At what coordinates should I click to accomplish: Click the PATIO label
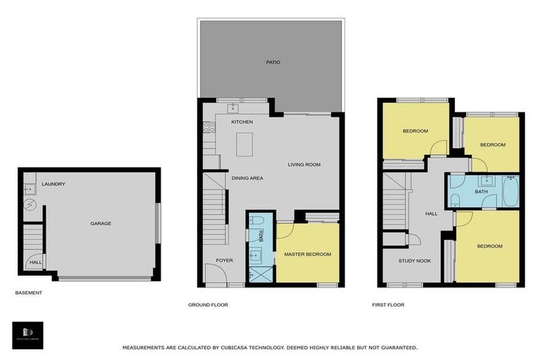point(273,63)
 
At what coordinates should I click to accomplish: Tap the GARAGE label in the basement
point(101,224)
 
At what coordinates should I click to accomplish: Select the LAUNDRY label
point(53,184)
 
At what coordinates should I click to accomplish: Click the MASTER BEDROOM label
point(307,254)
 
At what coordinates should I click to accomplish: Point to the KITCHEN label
point(242,122)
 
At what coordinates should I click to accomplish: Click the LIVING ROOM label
point(304,165)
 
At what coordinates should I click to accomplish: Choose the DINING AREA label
point(247,179)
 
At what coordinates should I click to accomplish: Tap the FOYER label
point(224,261)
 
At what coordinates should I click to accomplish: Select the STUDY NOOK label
point(415,261)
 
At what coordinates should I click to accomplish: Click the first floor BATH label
point(481,191)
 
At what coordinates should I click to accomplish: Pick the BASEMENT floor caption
point(29,292)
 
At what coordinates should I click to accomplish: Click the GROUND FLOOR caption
point(208,305)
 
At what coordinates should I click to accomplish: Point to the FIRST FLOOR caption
point(388,305)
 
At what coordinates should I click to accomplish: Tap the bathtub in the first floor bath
point(510,191)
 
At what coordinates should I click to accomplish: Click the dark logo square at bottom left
point(27,335)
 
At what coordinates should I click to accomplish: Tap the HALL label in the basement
point(34,263)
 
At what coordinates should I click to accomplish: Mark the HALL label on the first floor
point(431,214)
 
